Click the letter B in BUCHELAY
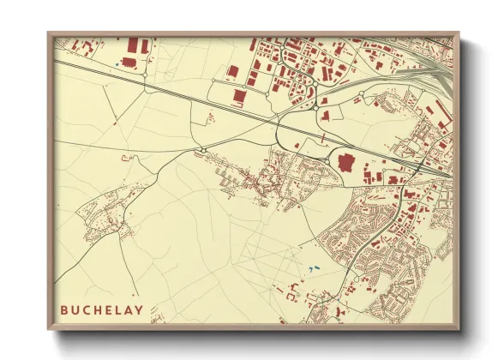(64, 309)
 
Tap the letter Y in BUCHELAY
(139, 309)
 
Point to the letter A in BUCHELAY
(128, 309)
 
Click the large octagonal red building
(347, 161)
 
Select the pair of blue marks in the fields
(310, 269)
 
